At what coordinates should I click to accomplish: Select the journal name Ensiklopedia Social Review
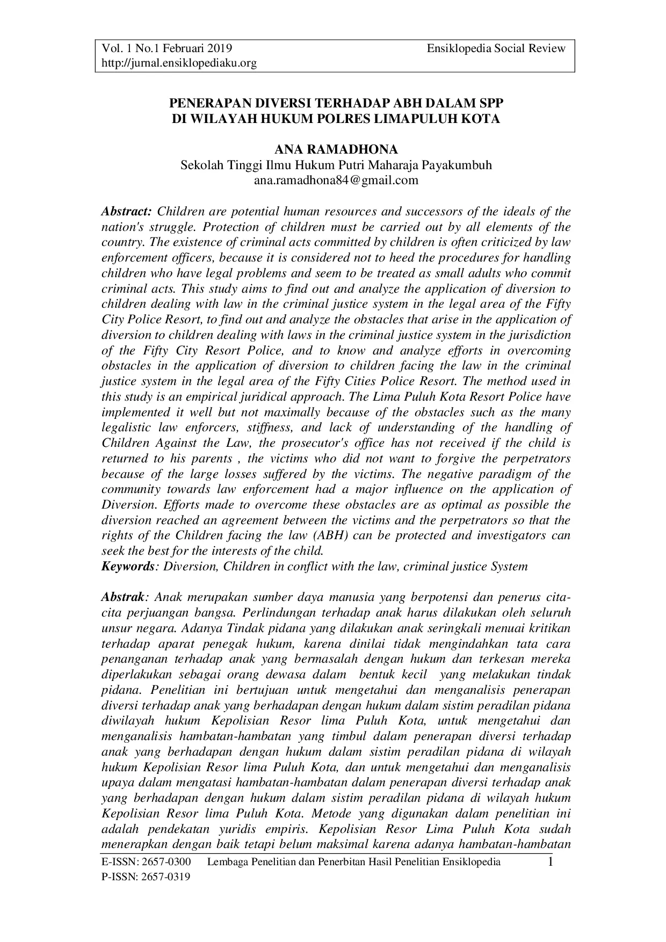(x=496, y=49)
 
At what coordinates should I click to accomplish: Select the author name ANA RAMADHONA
(x=336, y=149)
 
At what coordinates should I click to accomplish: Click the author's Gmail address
(x=336, y=180)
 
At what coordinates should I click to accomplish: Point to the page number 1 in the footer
(x=550, y=863)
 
